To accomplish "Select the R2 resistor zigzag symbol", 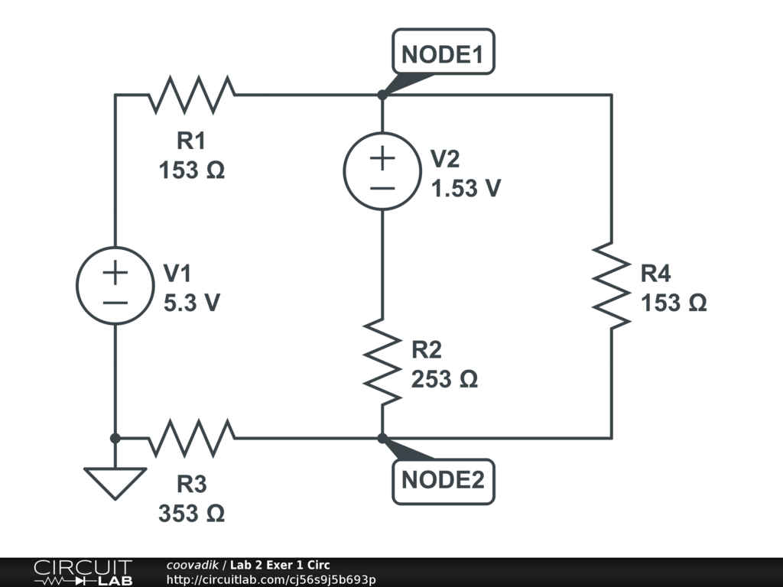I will click(382, 361).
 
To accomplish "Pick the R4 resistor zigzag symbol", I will click(612, 284).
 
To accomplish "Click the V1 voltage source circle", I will click(115, 285).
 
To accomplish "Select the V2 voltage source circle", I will click(382, 170).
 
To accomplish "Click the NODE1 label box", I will click(443, 53).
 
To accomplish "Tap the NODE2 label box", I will click(443, 481).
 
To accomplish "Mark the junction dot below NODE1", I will click(382, 95).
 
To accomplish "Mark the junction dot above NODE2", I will click(382, 438).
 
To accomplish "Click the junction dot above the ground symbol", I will click(115, 438).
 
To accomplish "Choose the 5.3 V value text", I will click(192, 303).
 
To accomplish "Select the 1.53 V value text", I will click(466, 189).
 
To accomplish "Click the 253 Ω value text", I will click(444, 379).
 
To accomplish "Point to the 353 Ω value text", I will click(192, 514).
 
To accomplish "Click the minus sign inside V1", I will click(115, 302).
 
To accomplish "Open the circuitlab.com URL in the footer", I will click(271, 580).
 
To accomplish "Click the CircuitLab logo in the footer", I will click(83, 572).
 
